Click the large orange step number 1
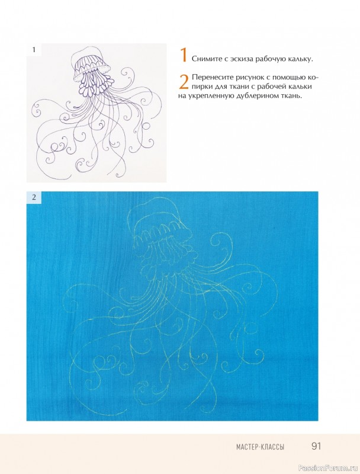[x=184, y=55]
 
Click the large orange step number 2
[x=184, y=82]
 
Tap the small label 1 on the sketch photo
[x=34, y=50]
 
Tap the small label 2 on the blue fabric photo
[x=34, y=197]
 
